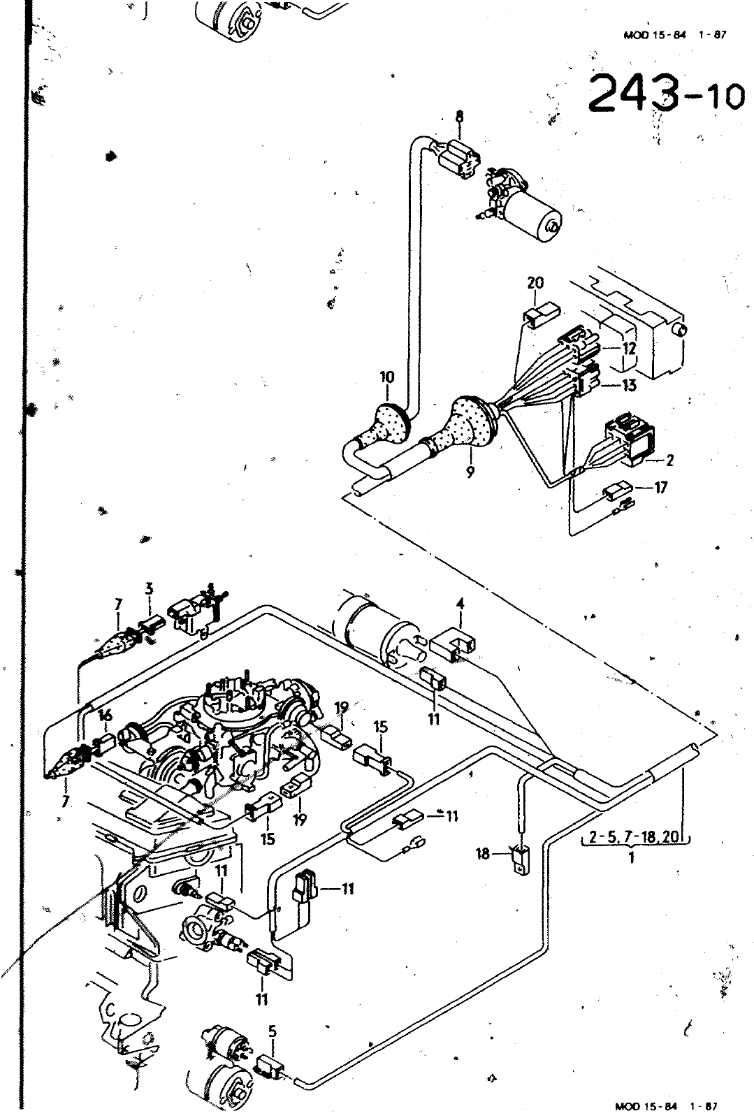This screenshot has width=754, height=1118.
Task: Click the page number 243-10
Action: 666,94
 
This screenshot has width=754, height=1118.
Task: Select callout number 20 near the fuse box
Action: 535,284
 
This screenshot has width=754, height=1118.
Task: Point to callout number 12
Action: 629,348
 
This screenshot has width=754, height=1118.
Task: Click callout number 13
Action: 629,385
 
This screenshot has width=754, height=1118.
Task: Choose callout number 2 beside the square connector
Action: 669,460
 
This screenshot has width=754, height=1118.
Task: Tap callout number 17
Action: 660,487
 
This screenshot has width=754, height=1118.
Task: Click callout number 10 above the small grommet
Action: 387,377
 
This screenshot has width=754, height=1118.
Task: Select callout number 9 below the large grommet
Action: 470,472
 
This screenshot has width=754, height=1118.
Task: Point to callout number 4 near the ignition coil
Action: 460,604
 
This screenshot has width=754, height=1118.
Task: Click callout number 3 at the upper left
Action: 149,589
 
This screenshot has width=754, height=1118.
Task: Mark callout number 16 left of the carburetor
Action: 106,716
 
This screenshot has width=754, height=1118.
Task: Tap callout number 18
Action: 483,854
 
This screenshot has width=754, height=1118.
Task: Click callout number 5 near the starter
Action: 272,1032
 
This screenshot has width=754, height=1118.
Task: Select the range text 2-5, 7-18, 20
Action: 635,836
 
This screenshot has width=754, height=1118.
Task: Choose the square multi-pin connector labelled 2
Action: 630,440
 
